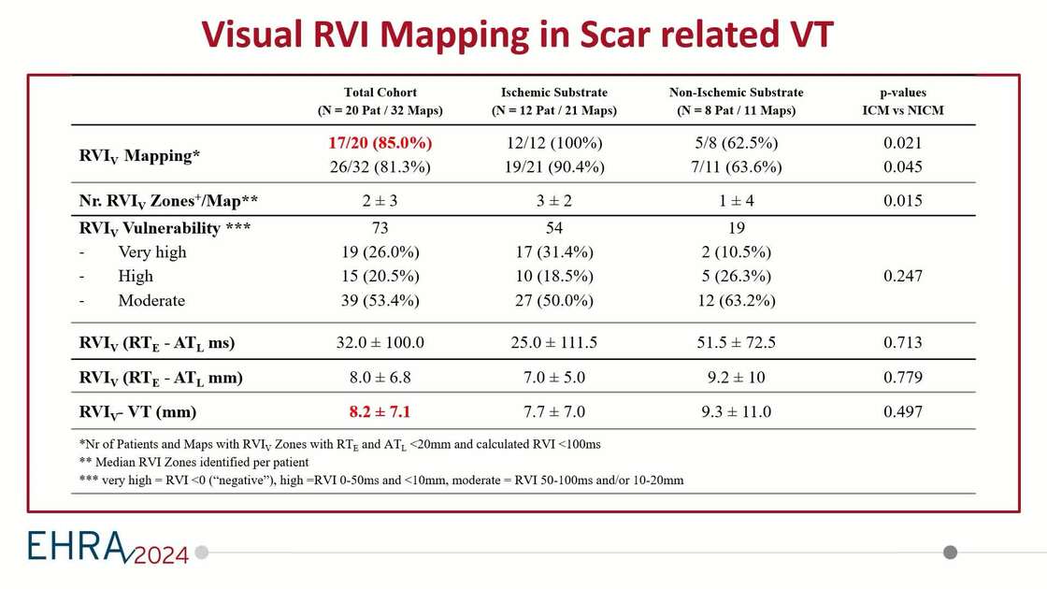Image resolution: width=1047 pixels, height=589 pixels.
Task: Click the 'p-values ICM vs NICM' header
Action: click(x=902, y=101)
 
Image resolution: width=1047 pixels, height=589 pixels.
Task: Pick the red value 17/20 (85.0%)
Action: click(x=380, y=144)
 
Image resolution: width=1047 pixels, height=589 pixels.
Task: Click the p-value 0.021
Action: click(x=902, y=144)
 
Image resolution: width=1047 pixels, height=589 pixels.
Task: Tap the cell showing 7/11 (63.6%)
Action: click(x=736, y=167)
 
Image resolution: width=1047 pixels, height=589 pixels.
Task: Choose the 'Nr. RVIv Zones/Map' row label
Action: click(x=168, y=200)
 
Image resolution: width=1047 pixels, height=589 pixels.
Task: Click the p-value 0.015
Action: click(x=902, y=200)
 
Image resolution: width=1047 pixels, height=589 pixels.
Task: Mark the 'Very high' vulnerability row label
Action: click(x=151, y=252)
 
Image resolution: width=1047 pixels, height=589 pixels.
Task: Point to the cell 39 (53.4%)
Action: click(x=380, y=300)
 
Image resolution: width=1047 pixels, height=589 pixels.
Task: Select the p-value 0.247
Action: click(x=902, y=276)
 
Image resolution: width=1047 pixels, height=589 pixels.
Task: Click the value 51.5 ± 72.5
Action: click(x=736, y=342)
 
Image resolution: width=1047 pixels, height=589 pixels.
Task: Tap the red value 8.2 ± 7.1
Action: click(x=380, y=411)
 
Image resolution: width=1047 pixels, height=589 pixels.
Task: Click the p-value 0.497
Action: click(x=902, y=411)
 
